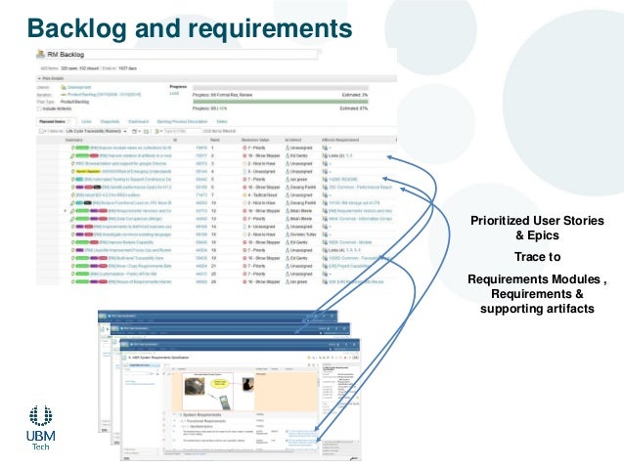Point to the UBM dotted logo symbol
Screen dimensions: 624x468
(40, 418)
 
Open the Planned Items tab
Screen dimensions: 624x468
(54, 121)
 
